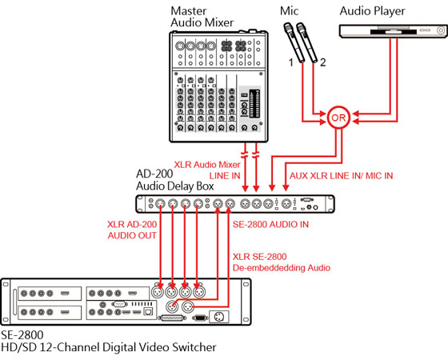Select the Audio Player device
390,31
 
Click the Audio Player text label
372,10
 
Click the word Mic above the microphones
290,10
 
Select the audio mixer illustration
218,84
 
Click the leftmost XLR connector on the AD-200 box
162,203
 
